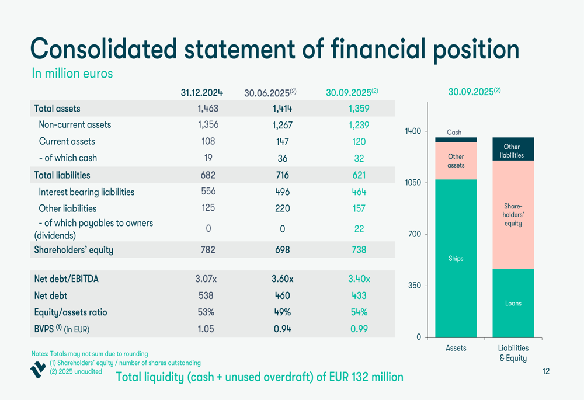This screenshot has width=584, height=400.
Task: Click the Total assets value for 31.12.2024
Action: click(208, 108)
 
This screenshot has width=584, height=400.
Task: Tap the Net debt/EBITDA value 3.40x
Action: click(359, 279)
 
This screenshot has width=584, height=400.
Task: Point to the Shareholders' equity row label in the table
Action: click(74, 250)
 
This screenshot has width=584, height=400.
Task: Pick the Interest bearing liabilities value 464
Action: click(359, 192)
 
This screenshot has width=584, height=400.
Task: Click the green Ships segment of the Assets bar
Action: click(456, 258)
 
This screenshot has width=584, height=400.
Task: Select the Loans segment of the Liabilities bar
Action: click(513, 303)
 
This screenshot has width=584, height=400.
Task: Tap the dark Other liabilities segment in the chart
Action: click(512, 150)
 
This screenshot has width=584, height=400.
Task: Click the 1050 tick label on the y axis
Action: click(413, 183)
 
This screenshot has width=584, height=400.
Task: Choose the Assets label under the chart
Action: click(456, 348)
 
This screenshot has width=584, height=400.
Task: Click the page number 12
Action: click(545, 371)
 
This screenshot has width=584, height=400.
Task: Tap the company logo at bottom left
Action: click(38, 370)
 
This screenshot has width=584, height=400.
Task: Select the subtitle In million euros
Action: click(72, 74)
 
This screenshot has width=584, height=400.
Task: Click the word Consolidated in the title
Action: click(103, 49)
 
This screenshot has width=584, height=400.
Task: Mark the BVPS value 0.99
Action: click(359, 329)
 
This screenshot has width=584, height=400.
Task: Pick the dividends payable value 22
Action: click(359, 229)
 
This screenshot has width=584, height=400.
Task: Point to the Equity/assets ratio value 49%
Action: click(282, 312)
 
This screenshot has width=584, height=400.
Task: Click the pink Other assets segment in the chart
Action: click(456, 161)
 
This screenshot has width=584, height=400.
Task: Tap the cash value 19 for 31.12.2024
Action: click(208, 158)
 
